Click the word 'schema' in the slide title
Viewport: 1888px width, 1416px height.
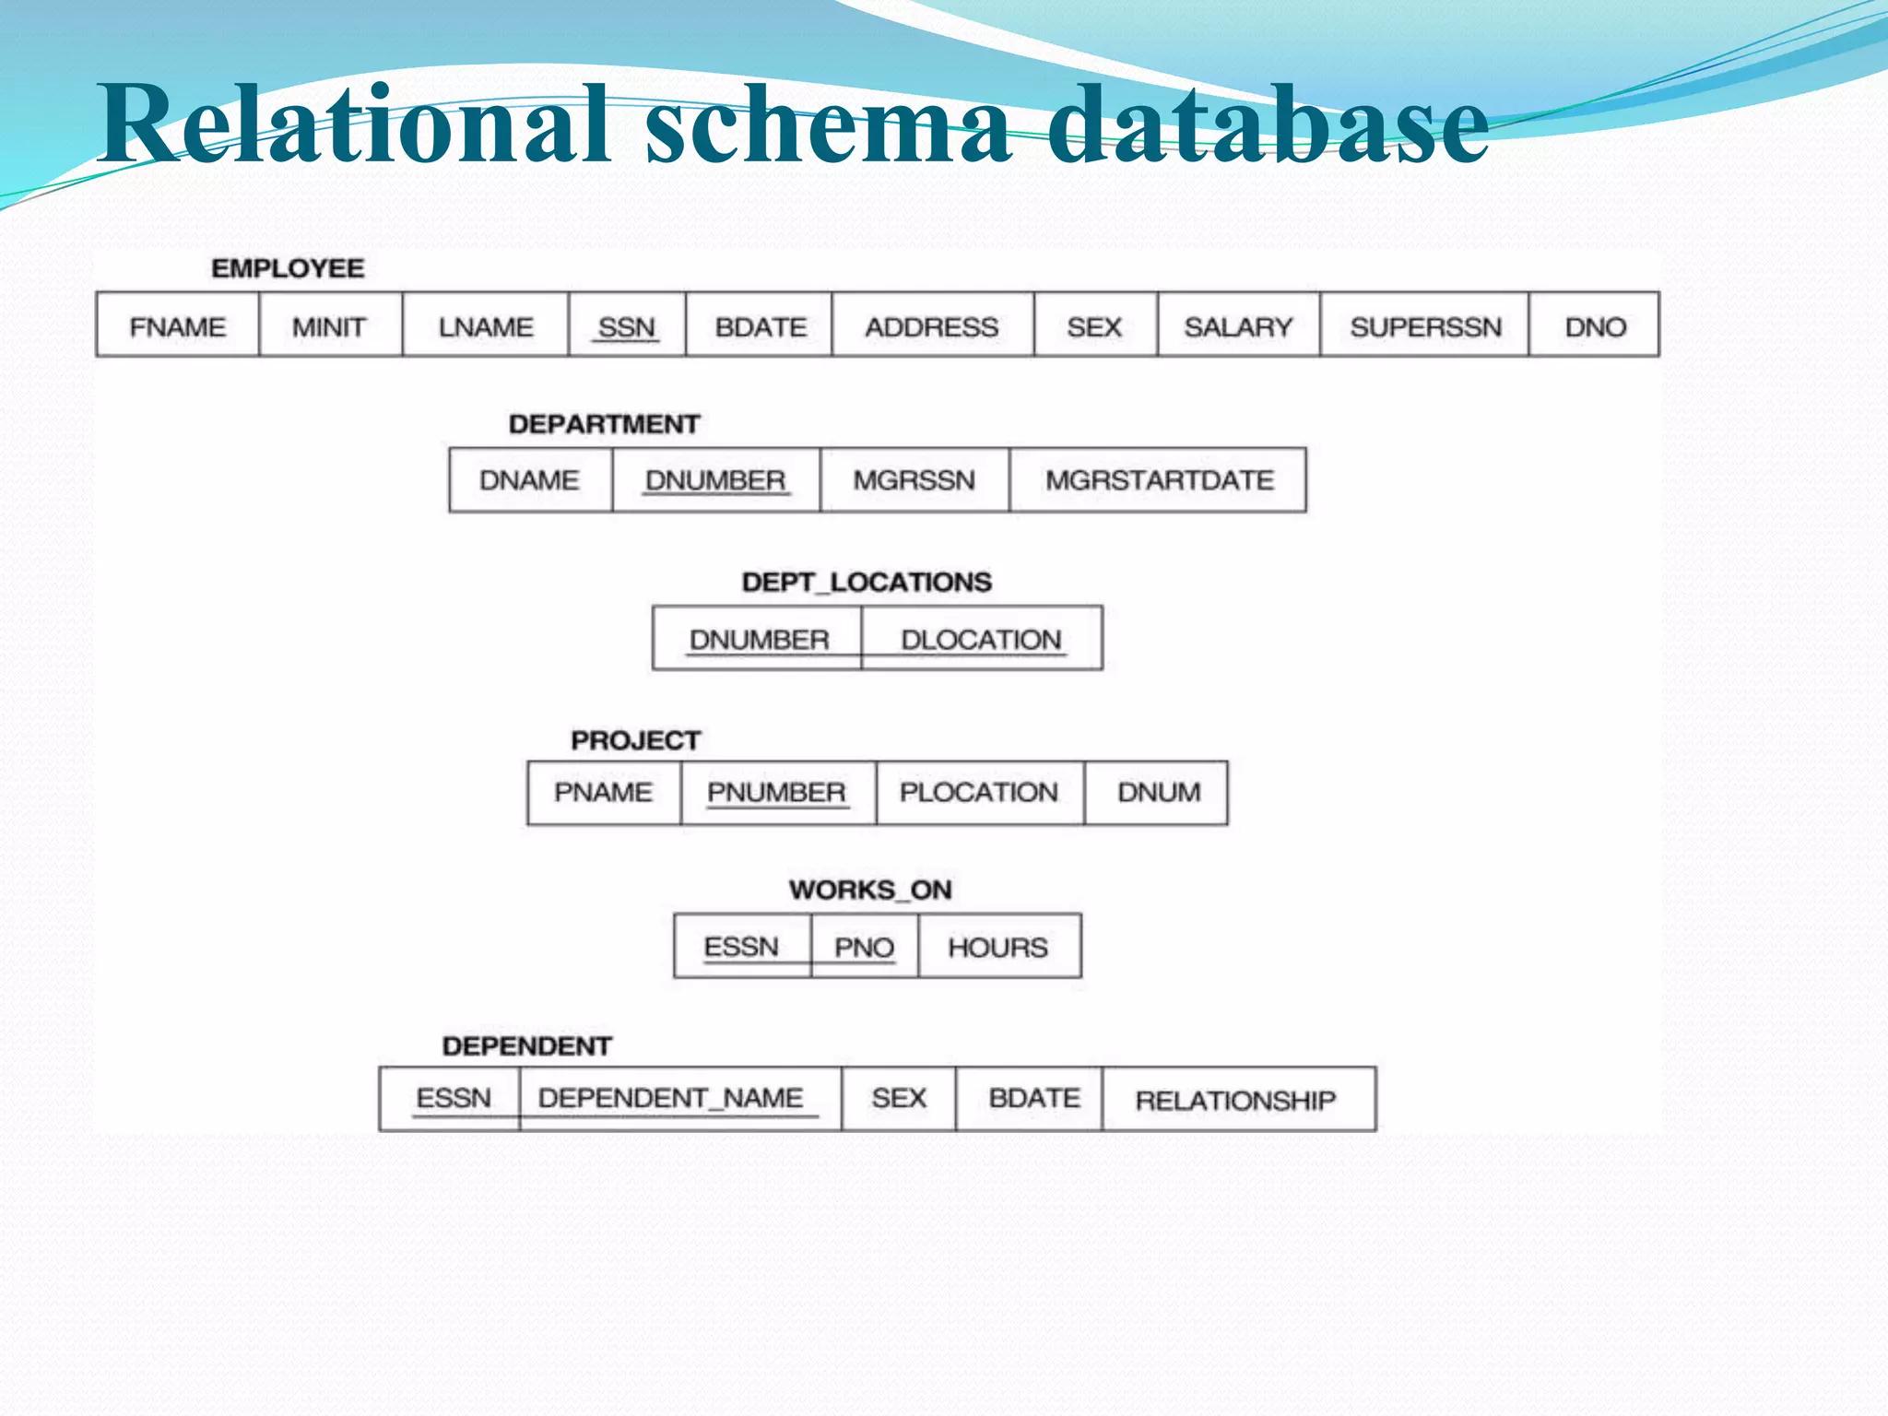coord(827,124)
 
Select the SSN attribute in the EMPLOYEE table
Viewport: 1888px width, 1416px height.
coord(627,326)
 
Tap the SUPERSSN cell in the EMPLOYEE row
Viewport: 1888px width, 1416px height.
coord(1425,326)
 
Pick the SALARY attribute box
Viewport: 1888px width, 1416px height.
coord(1238,326)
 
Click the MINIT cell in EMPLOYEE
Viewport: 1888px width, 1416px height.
coord(329,326)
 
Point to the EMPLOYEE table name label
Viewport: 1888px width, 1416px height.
coord(288,268)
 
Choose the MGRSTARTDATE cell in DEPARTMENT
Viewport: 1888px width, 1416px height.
coord(1159,480)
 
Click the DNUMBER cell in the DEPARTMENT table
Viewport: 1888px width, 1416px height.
coord(715,480)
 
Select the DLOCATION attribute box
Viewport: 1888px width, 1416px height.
coord(981,639)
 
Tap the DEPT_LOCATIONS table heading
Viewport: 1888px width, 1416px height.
coord(867,582)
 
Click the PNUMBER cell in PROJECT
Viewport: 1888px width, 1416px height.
coord(776,793)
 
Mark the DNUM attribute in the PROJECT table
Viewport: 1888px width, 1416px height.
coord(1159,793)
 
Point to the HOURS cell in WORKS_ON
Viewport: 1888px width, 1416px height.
coord(998,947)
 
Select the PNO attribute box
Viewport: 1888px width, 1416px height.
coord(864,947)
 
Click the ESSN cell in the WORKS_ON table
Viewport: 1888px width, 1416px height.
coord(742,947)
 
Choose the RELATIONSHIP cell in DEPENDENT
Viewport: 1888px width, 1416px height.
coord(1235,1100)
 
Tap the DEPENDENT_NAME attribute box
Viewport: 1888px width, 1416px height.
coord(671,1098)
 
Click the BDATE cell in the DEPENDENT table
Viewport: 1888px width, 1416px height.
coord(1034,1098)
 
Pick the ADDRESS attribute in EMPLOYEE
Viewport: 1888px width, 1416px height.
coord(931,326)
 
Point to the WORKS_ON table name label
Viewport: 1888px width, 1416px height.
coord(870,890)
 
